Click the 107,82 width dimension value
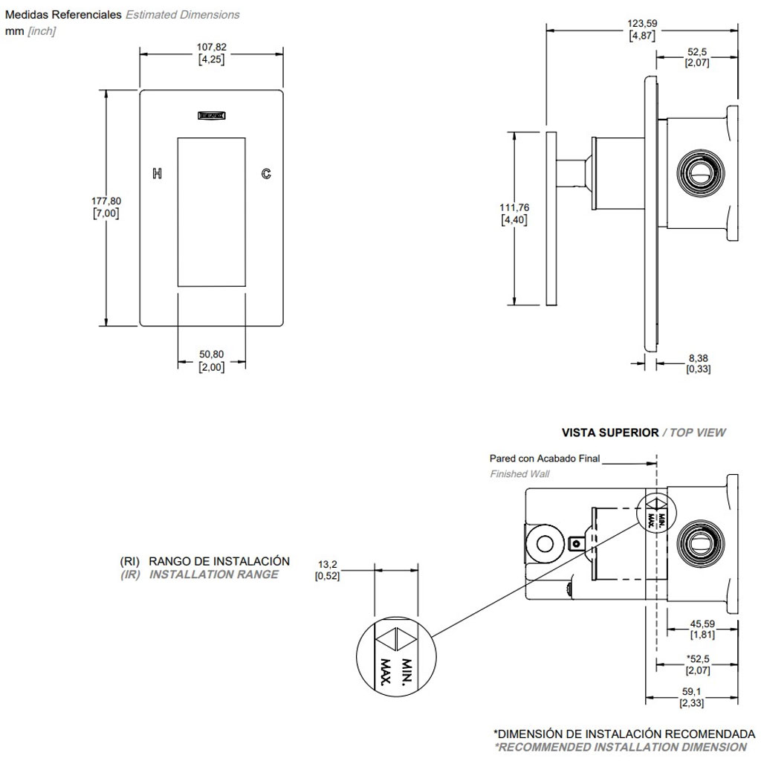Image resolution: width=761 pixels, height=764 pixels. tap(212, 47)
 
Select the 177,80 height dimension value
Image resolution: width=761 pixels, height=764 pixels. tap(106, 201)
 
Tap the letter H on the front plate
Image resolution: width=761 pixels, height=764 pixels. tap(157, 174)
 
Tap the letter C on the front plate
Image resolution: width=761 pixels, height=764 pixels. tap(265, 174)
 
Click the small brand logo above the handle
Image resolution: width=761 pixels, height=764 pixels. tap(212, 115)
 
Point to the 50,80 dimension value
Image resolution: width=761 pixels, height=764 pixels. tap(212, 354)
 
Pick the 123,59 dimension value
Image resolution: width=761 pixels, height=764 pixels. tap(642, 24)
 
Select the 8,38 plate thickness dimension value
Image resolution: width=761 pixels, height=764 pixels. tap(698, 357)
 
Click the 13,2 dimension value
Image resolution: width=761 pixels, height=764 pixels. tap(328, 564)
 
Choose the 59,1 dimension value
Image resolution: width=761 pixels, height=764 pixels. tap(692, 690)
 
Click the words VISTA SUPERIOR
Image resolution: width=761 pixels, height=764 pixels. tap(609, 432)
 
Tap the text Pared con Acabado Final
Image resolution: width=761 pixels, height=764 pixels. tap(544, 459)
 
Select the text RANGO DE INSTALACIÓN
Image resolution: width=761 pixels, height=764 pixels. tap(219, 560)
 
